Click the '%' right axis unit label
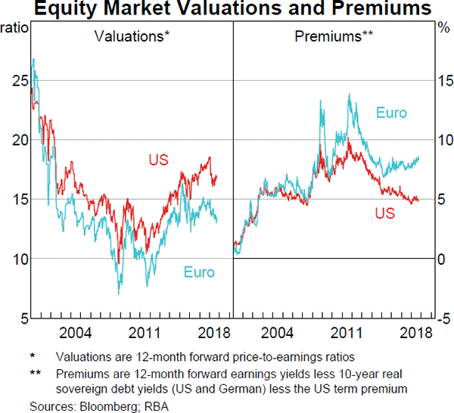(443, 28)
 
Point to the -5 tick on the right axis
(445, 318)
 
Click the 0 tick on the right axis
(443, 259)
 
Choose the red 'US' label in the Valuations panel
(158, 160)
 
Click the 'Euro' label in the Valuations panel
(199, 272)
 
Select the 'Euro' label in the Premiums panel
(391, 113)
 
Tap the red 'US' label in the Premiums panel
(384, 214)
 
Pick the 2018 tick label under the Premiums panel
(414, 332)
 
